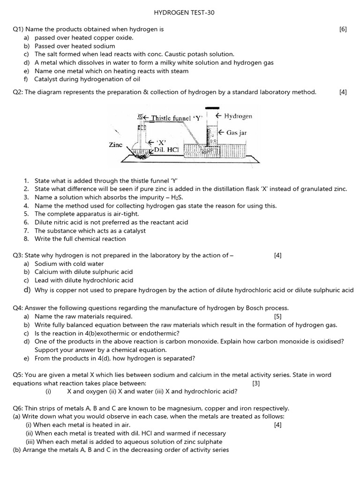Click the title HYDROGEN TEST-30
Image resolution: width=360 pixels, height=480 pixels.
(x=180, y=13)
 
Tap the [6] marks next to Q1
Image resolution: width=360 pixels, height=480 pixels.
(x=343, y=29)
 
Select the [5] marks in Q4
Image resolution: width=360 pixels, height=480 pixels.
(x=278, y=316)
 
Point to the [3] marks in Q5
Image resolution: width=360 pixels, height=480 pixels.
(x=256, y=383)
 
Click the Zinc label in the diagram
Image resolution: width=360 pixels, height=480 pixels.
(x=115, y=145)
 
